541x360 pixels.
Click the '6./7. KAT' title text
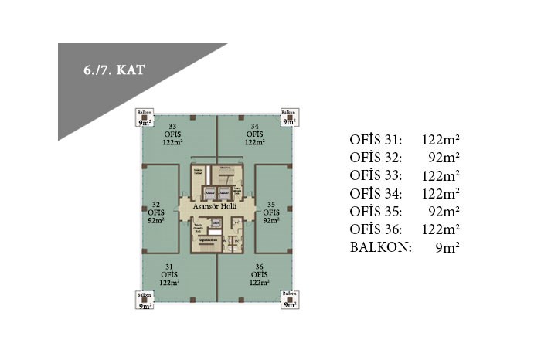click(x=114, y=69)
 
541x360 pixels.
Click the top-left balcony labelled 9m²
click(x=145, y=117)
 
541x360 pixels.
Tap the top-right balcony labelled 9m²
click(x=290, y=117)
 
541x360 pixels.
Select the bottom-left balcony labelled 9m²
click(x=145, y=300)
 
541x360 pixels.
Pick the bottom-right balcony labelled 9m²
click(x=290, y=300)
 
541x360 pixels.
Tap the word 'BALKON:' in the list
click(x=381, y=247)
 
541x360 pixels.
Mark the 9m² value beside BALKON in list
click(x=448, y=247)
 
